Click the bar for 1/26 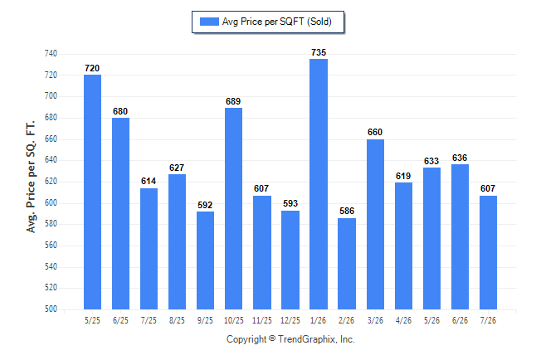pos(319,184)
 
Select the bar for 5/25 pos(92,192)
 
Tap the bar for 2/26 pos(347,264)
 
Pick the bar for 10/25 pos(233,208)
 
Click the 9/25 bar pos(205,260)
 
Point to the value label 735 pos(319,52)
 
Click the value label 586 pos(347,211)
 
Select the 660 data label pos(375,132)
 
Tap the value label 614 pos(149,181)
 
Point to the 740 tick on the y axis pos(51,54)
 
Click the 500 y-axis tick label pos(51,309)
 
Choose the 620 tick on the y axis pos(51,182)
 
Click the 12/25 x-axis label pos(290,321)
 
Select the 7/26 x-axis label pos(488,321)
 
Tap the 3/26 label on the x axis pos(375,321)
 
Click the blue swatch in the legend pos(209,22)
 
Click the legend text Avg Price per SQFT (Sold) pos(277,22)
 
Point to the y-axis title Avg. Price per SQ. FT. pos(31,177)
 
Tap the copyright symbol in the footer pos(272,338)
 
